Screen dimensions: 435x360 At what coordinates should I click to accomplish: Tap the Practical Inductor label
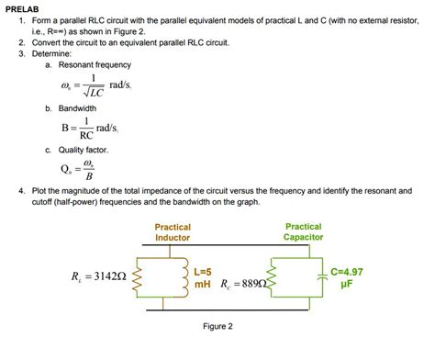click(173, 232)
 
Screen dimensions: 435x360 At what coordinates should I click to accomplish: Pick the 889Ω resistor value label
click(244, 285)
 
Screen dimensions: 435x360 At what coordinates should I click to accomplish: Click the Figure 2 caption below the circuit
click(218, 327)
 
